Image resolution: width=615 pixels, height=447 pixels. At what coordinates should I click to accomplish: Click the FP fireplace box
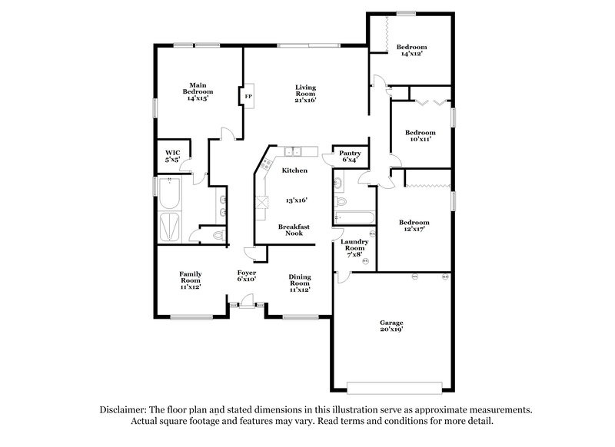pos(248,97)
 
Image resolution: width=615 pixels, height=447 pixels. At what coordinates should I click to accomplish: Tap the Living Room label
pos(306,93)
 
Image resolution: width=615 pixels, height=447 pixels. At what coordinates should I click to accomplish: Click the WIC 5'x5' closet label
pos(173,156)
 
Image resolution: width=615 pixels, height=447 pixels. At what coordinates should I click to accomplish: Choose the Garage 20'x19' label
pos(391,326)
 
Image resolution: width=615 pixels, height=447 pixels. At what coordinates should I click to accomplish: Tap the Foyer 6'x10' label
pos(246,276)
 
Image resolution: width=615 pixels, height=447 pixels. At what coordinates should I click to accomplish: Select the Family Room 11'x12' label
pos(190,280)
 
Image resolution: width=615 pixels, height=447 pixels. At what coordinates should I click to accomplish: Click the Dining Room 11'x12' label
pos(299,283)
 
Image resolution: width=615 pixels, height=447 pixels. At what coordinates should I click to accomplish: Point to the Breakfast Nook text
pos(294,230)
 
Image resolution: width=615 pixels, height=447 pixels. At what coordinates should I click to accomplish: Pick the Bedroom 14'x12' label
pos(412,51)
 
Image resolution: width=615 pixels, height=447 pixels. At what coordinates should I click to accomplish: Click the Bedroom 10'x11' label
pos(421,136)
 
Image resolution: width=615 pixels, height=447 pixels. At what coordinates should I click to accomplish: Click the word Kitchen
pos(294,171)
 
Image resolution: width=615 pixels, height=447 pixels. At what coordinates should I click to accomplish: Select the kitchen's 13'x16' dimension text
pos(296,200)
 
